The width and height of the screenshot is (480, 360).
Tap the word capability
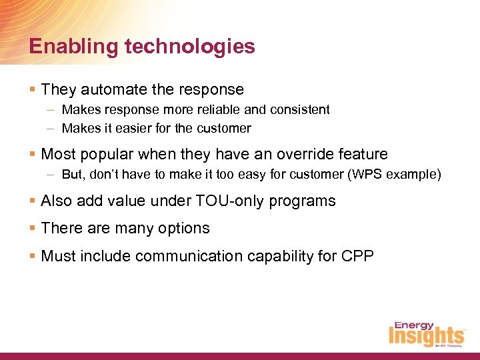(293, 256)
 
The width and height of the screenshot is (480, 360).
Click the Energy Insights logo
(426, 333)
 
